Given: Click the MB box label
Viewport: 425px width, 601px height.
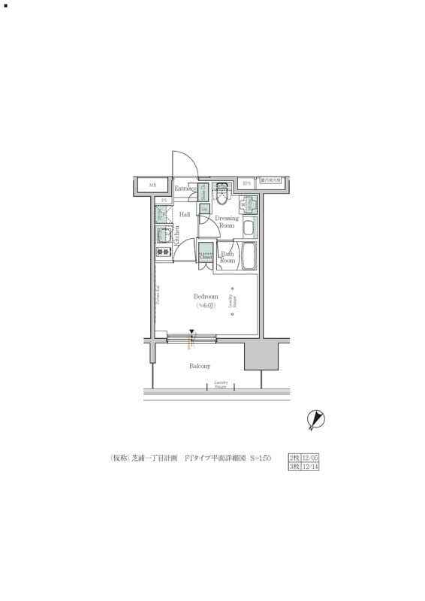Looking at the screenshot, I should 152,185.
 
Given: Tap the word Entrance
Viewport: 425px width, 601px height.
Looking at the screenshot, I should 185,189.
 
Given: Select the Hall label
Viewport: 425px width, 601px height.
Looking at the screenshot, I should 184,214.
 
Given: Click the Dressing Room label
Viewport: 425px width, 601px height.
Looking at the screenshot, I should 226,222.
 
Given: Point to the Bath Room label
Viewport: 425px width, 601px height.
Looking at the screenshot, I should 228,258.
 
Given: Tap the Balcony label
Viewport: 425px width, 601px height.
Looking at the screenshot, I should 200,366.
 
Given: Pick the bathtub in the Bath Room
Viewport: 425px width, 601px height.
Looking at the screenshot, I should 250,257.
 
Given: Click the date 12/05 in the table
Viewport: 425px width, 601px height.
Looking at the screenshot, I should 309,457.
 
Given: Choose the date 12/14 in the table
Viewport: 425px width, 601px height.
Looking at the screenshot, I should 309,467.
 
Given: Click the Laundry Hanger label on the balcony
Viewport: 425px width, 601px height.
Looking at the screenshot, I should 221,385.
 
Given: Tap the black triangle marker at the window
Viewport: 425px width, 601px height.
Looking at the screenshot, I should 192,331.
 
